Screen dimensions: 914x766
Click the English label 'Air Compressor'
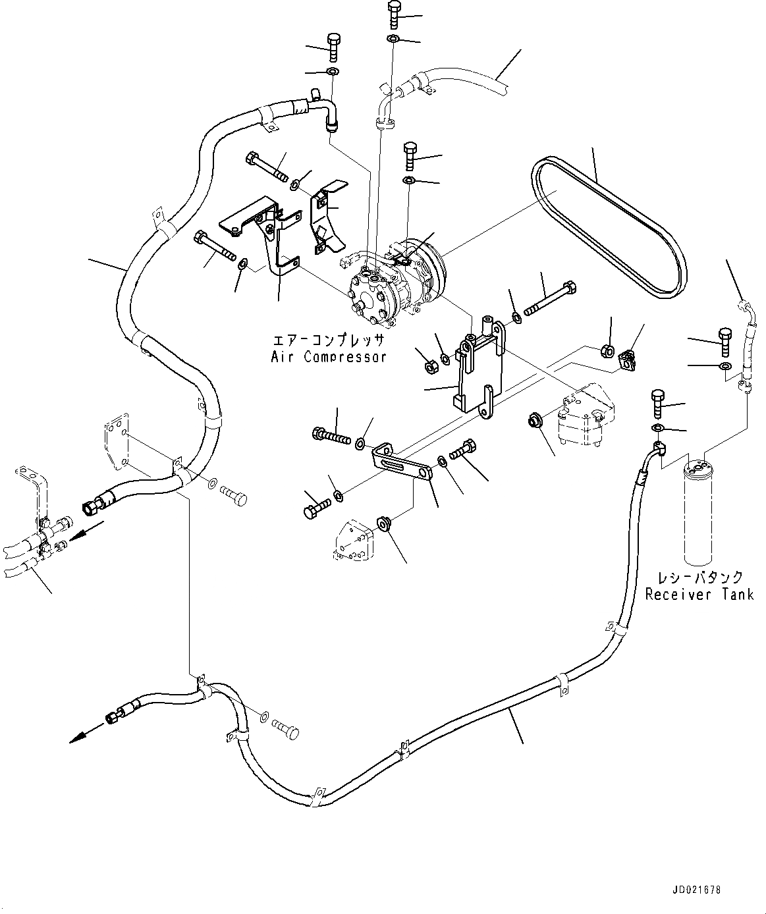point(329,357)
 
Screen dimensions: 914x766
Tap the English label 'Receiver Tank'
point(699,595)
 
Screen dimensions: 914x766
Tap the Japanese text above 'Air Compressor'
point(329,340)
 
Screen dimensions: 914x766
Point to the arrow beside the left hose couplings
point(86,529)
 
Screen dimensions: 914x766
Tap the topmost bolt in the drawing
point(394,13)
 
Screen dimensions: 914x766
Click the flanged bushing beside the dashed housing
point(534,419)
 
